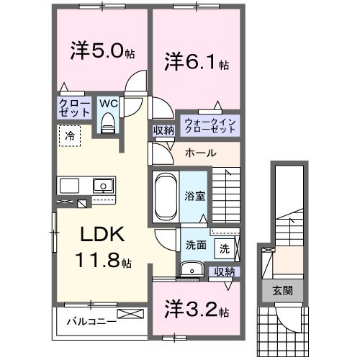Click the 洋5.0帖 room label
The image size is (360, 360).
101,52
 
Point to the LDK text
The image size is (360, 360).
100,235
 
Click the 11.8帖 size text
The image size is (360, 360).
100,261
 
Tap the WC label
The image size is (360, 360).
107,104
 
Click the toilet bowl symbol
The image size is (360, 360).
109,125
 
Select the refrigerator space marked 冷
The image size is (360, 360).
70,135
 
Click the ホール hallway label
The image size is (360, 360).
201,153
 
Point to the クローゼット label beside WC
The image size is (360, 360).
74,108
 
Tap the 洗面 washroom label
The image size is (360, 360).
196,245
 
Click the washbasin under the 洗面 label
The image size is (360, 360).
191,269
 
